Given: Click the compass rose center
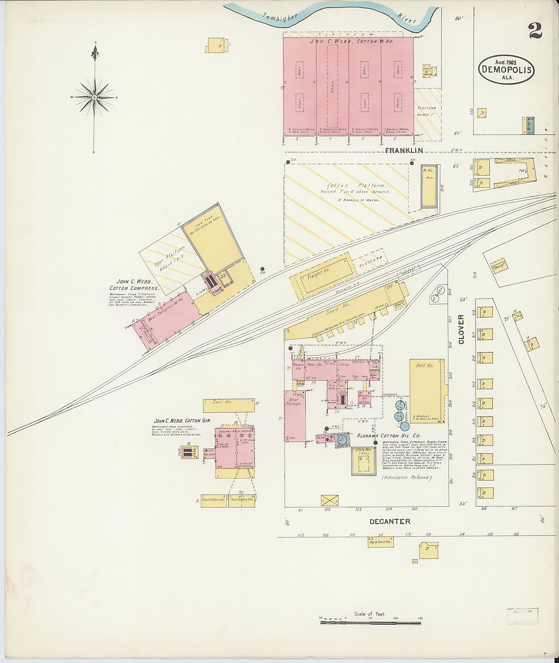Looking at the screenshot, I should (x=94, y=97).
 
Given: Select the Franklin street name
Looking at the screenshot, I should (x=404, y=151).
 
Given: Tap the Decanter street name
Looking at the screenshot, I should (x=389, y=521).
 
